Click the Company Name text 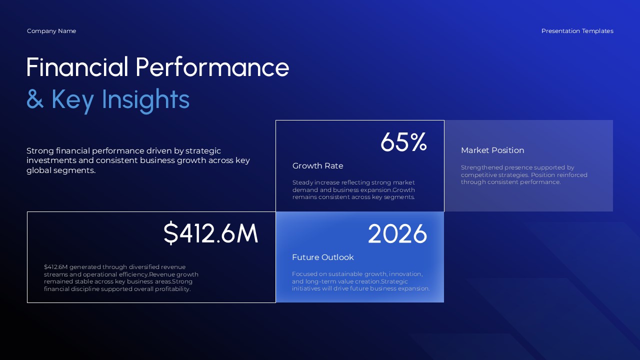51,31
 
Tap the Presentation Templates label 577,31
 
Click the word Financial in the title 77,67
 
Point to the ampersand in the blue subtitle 35,99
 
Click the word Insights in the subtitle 145,99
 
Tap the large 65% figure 403,142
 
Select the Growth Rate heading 317,166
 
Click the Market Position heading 492,150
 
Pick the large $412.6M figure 210,233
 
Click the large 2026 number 397,234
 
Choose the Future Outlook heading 322,257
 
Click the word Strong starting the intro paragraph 40,150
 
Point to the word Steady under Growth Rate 302,182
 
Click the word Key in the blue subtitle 72,99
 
